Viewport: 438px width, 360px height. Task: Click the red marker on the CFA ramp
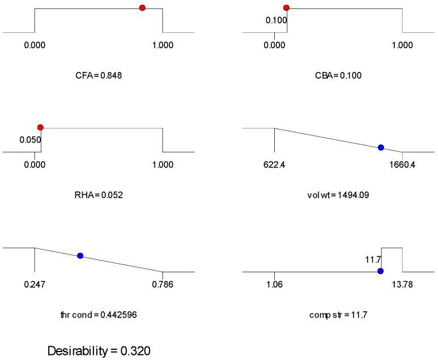pos(142,8)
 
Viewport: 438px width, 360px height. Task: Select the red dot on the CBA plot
pos(287,8)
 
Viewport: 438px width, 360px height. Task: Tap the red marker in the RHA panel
pos(40,128)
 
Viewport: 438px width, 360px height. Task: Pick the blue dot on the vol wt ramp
pos(381,147)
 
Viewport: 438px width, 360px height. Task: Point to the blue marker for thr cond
pos(80,256)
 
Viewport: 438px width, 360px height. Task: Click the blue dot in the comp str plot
pos(380,271)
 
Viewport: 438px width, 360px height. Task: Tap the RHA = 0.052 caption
pos(99,195)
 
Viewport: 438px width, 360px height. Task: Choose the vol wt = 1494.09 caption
pos(339,195)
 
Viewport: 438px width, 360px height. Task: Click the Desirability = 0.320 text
pos(99,351)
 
